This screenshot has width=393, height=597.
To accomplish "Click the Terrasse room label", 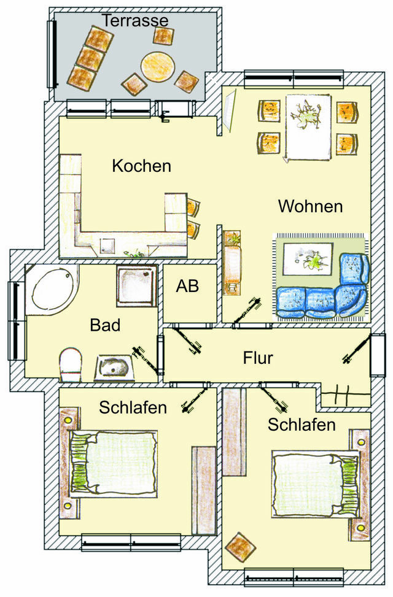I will pos(135,20).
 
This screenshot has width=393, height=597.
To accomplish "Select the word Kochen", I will pos(141,166).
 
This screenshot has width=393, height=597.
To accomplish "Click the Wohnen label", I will pos(310,206).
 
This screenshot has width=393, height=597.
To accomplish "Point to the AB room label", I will pos(187,286).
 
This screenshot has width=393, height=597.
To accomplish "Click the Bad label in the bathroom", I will pos(104,325).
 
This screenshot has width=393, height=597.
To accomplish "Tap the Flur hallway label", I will pos(258,358).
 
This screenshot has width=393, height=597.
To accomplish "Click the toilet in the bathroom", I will pos(71,363).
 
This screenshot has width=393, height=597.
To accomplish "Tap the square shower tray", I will pos(137,285).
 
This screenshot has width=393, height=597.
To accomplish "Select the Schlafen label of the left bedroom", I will pos(133,407).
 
